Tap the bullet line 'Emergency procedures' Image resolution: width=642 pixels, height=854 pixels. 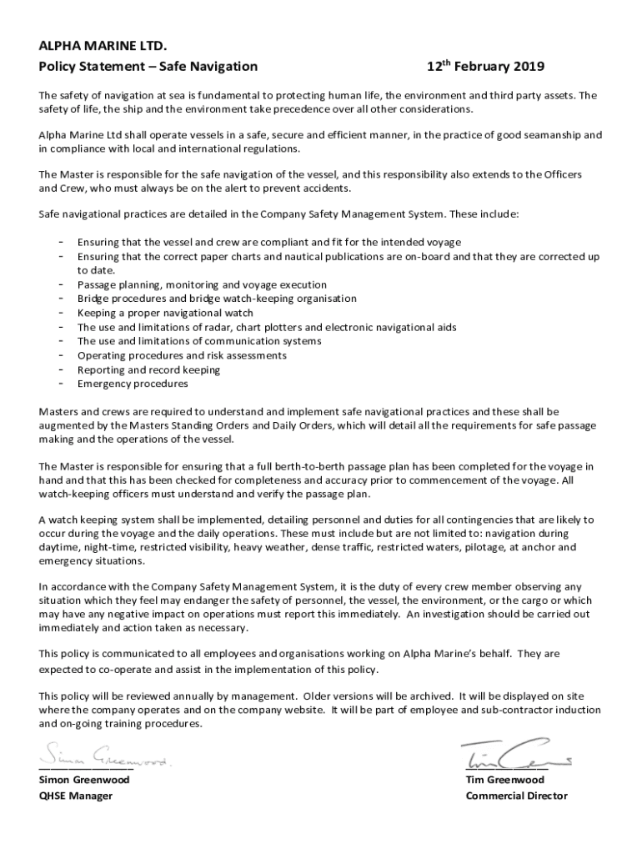point(133,384)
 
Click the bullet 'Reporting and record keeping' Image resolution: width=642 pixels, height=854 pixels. point(148,369)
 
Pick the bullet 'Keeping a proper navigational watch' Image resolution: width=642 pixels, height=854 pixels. point(164,313)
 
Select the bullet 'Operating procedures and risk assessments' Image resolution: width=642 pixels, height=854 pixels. point(182,355)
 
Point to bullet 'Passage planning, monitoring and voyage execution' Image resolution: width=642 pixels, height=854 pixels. point(202,284)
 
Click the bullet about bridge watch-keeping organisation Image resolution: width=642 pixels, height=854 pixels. point(217,299)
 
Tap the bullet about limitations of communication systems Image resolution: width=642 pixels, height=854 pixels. point(199,341)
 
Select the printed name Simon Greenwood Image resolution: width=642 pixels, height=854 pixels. point(84,780)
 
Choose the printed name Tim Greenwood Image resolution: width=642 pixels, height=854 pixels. point(504,780)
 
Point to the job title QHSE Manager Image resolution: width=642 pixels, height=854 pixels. point(76,796)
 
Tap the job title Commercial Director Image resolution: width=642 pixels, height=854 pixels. point(516,796)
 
